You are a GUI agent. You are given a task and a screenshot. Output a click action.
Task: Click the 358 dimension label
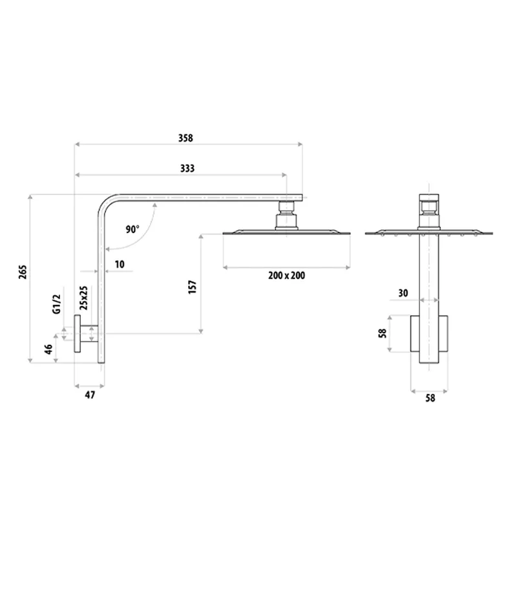[x=185, y=138]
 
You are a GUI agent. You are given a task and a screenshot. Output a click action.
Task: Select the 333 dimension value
[x=187, y=169]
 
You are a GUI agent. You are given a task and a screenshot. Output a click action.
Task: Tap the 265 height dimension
[x=23, y=272]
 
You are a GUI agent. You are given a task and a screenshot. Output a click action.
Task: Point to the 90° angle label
[x=132, y=229]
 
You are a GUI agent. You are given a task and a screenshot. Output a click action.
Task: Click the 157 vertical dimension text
[x=191, y=287]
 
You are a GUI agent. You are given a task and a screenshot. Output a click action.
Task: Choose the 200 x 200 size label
[x=286, y=276]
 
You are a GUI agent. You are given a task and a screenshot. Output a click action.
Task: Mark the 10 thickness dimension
[x=120, y=263]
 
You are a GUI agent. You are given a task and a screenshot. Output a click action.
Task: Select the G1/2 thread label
[x=56, y=303]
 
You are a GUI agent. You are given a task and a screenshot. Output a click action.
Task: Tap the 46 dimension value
[x=48, y=350]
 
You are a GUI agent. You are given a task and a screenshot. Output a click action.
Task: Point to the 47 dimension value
[x=90, y=395]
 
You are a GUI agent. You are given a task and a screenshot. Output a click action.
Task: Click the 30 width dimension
[x=403, y=293]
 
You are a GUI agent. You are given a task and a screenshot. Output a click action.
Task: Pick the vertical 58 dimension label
[x=383, y=333]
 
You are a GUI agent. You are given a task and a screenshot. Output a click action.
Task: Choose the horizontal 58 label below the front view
[x=430, y=398]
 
